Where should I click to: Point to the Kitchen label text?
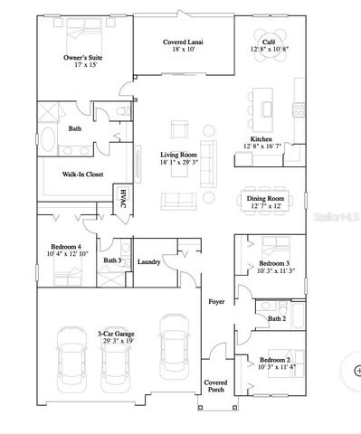261,139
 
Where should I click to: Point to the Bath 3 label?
112,261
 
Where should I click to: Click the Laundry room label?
150,262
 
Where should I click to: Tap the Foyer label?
216,302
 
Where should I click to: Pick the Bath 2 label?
277,318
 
